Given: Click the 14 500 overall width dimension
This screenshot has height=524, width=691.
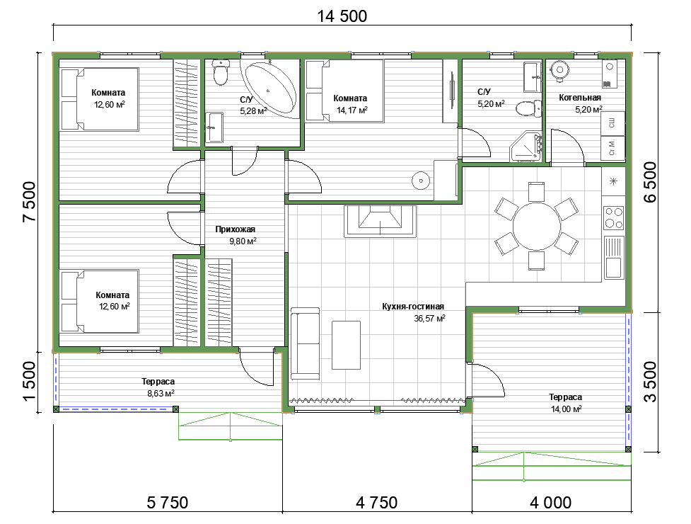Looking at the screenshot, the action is click(x=342, y=16).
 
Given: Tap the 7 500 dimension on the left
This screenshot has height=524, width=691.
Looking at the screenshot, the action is click(x=30, y=202).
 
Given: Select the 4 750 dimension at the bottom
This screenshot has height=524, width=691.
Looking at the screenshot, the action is click(x=377, y=502).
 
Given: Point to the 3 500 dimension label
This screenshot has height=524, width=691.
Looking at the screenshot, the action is click(x=651, y=382).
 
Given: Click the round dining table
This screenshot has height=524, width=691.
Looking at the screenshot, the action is click(x=536, y=227).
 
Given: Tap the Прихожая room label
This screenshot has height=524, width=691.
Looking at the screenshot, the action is click(x=236, y=229).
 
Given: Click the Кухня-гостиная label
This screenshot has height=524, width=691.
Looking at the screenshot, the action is click(x=413, y=306).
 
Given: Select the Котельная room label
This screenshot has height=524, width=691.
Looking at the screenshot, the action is click(x=580, y=98).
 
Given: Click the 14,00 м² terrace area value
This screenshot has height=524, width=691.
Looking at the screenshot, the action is click(x=567, y=409).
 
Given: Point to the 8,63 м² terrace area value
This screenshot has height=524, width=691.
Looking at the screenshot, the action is click(x=161, y=393).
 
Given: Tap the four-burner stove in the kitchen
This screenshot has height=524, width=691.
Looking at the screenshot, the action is click(x=613, y=217).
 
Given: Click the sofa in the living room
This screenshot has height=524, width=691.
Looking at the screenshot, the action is click(x=305, y=343).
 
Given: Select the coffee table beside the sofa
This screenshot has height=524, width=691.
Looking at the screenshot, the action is click(x=347, y=345).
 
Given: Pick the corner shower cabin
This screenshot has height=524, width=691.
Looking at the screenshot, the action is click(x=526, y=147).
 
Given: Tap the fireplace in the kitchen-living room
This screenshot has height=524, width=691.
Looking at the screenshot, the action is click(x=381, y=221).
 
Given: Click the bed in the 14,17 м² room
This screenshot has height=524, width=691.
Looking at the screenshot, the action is click(x=345, y=91).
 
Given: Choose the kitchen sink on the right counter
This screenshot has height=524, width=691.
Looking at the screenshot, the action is click(x=613, y=257).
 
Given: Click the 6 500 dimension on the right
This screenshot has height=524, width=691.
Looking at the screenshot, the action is click(x=651, y=182).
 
